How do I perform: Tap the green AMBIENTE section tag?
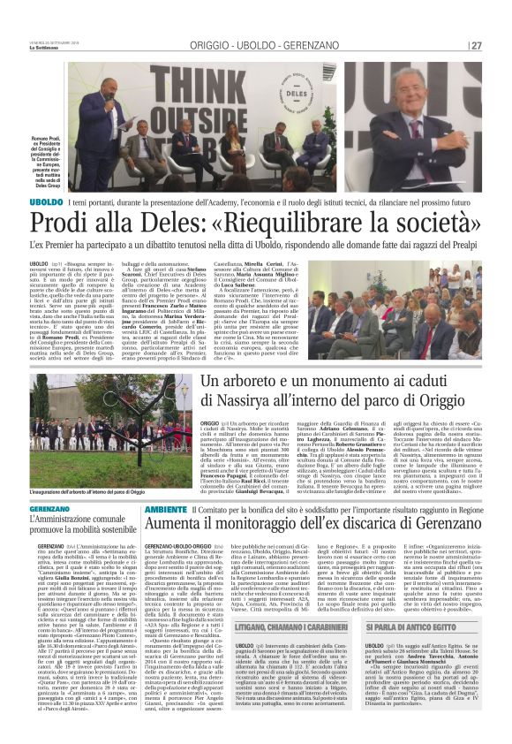(x=165, y=510)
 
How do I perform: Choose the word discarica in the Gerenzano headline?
(x=368, y=527)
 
